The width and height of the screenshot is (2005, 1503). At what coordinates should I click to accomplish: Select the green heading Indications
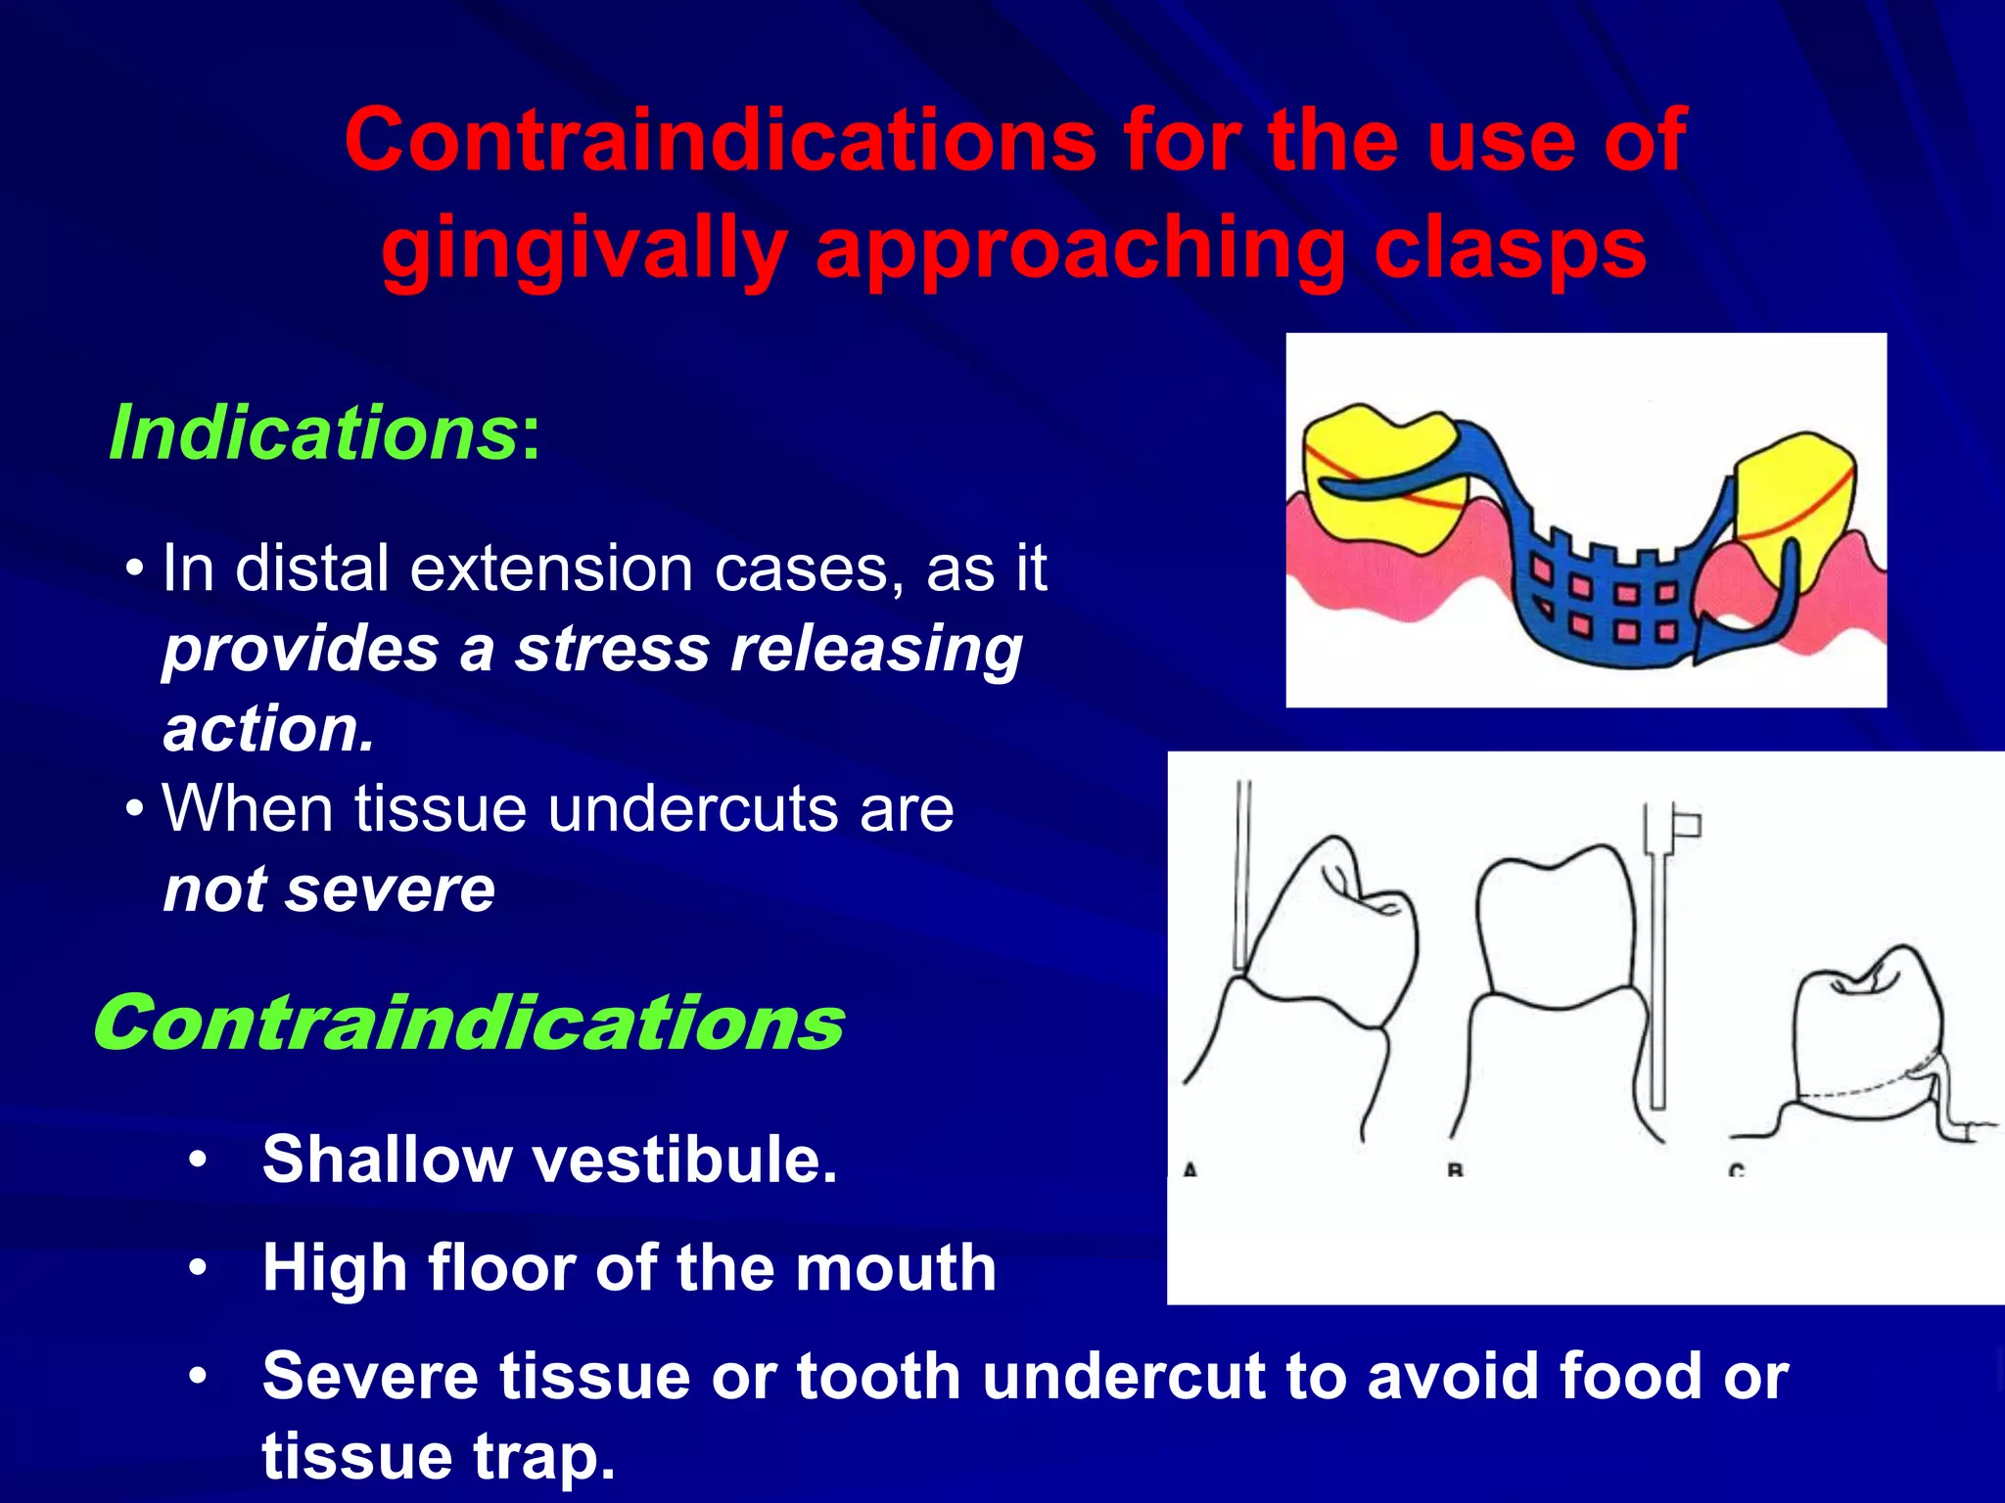(312, 433)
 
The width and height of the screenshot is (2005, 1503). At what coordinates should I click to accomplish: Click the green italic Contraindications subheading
(468, 1024)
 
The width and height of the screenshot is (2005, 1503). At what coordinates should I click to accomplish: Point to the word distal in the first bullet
(314, 569)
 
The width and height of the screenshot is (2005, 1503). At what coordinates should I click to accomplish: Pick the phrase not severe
(329, 889)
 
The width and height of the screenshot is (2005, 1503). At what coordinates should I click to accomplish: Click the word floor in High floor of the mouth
(502, 1268)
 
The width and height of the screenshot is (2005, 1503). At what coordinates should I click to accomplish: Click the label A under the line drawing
(1189, 1169)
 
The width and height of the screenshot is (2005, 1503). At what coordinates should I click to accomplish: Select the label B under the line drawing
(1455, 1169)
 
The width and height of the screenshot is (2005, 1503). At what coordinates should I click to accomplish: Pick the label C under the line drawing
(1736, 1169)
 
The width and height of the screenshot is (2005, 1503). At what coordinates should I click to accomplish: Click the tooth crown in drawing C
(1865, 1037)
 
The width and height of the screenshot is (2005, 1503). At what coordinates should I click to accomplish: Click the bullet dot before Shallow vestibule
(199, 1161)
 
